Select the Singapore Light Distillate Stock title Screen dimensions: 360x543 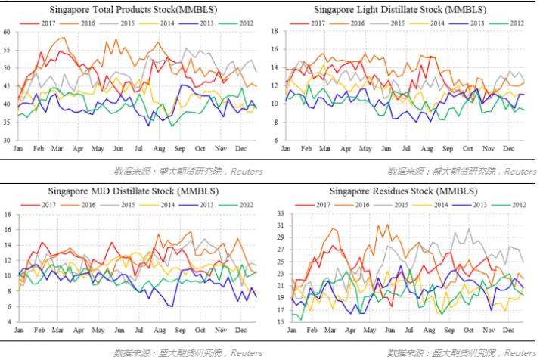coord(400,10)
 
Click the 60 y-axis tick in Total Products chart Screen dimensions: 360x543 coord(8,33)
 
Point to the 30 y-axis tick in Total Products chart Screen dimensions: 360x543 coord(8,141)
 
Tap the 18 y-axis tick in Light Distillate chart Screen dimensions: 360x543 coord(276,31)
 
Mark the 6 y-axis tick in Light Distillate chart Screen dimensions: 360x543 coord(278,141)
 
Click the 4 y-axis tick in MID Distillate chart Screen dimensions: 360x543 coord(9,322)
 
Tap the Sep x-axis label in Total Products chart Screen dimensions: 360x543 coord(181,149)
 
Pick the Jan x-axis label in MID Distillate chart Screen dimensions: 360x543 coord(17,331)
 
